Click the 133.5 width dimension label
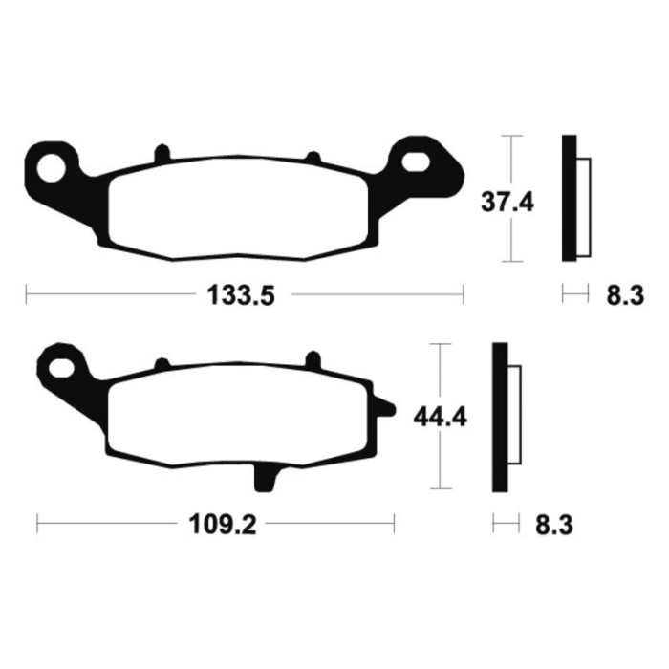[x=241, y=294]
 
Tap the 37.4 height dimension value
[x=507, y=203]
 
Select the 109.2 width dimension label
[x=223, y=524]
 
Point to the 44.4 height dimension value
[x=441, y=418]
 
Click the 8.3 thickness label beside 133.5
[x=625, y=295]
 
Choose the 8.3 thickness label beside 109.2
[x=554, y=525]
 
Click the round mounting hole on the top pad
[x=52, y=168]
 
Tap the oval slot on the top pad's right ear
[x=415, y=162]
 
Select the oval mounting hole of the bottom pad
[x=61, y=368]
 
